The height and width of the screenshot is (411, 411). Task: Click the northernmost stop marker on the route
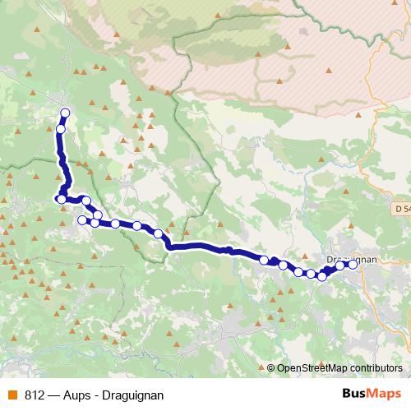65,113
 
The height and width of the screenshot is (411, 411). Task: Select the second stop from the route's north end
61,129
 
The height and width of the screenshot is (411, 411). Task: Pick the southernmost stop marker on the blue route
322,276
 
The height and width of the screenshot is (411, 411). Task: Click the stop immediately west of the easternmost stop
339,266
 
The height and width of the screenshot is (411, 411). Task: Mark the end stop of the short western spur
81,220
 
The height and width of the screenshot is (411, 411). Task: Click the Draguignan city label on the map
351,259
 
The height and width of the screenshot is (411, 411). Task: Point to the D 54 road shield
401,210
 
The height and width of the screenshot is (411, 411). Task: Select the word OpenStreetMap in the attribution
310,368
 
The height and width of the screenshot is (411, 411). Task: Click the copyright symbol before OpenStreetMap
271,368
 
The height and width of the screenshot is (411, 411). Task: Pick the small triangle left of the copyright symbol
261,367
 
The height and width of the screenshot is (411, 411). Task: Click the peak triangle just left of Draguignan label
321,256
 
